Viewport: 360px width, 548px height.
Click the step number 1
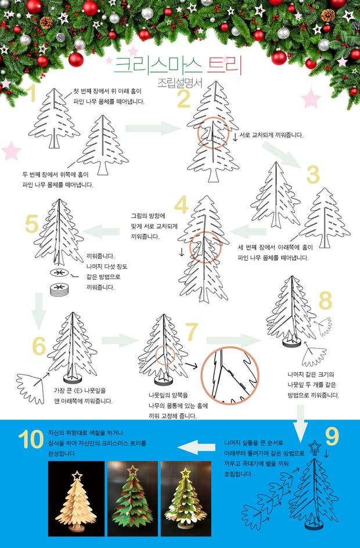click(x=33, y=94)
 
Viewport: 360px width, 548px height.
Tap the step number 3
click(x=313, y=175)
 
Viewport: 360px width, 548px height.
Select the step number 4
click(x=181, y=205)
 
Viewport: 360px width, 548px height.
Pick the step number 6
click(x=39, y=346)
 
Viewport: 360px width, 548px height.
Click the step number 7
click(x=192, y=332)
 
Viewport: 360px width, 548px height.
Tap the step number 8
click(x=325, y=301)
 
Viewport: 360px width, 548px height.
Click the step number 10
click(x=31, y=439)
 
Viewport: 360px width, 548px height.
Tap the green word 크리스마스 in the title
click(x=159, y=66)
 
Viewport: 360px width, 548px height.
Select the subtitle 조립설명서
click(x=180, y=83)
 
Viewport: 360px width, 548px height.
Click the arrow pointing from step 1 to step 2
click(x=153, y=128)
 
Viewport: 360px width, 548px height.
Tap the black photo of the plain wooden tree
click(x=76, y=499)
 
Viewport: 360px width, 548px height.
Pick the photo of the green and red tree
click(x=133, y=499)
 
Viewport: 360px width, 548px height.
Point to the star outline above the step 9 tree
click(x=315, y=447)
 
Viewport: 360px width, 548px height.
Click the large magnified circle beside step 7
click(x=230, y=375)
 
